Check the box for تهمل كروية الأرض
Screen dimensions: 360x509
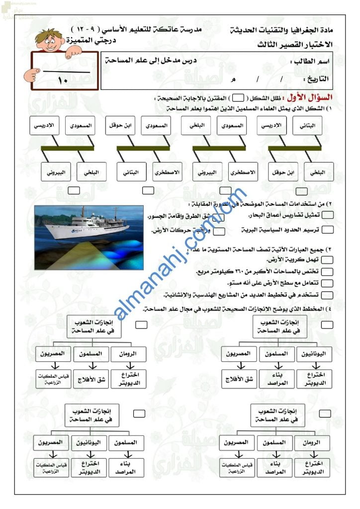point(327,260)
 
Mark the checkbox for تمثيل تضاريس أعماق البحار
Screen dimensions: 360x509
point(328,215)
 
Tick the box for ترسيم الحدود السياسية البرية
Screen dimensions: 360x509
point(328,230)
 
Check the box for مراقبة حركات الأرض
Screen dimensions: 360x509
point(219,231)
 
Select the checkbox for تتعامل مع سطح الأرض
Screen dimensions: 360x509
point(327,283)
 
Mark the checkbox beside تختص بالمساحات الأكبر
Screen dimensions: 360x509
point(327,271)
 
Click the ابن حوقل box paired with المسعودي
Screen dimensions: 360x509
point(120,126)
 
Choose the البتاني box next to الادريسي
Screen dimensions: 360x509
point(307,126)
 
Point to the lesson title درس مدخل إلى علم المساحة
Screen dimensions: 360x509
point(151,60)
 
